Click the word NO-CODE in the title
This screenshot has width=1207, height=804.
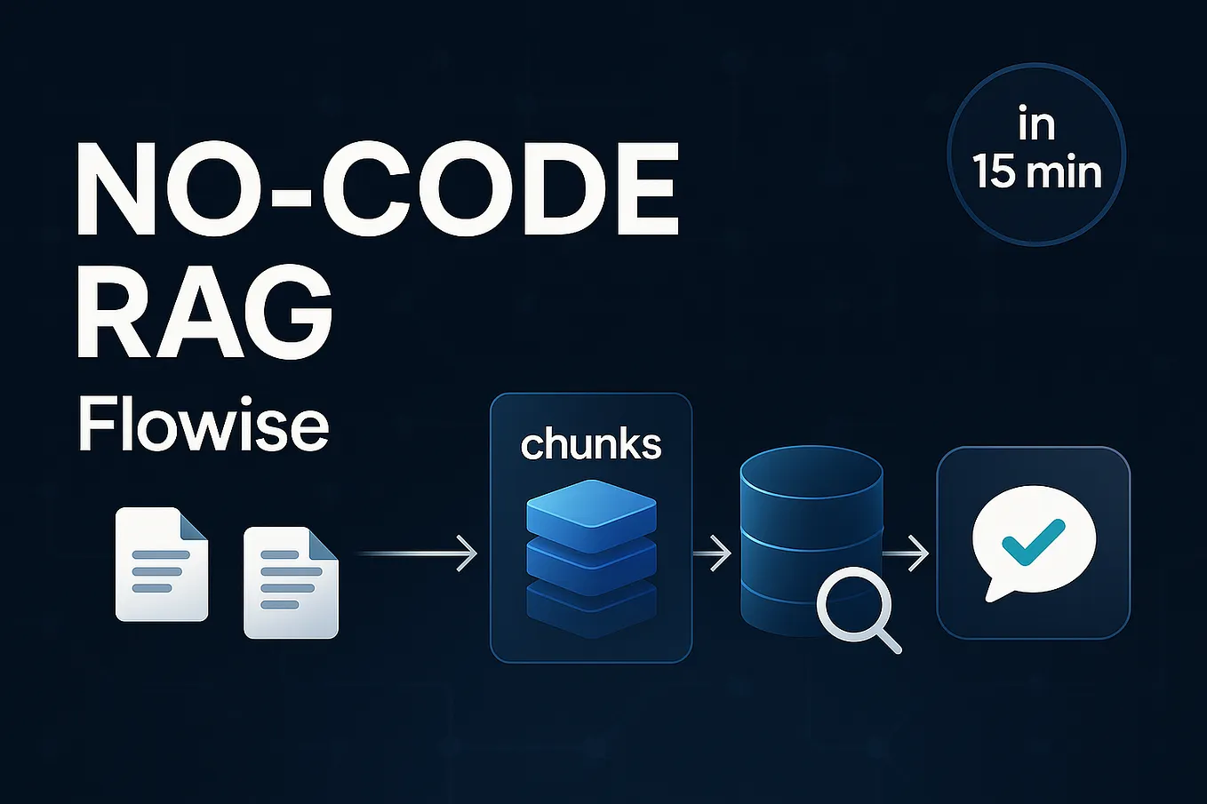(x=377, y=188)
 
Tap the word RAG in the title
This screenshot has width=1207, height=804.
(x=204, y=311)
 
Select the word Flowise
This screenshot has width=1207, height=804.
(x=204, y=425)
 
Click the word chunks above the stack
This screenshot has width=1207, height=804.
(x=591, y=444)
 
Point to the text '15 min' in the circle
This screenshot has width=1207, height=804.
(x=1036, y=172)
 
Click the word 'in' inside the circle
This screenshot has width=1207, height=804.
(x=1036, y=124)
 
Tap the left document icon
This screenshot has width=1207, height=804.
(x=162, y=564)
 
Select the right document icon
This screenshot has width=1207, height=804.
(x=291, y=582)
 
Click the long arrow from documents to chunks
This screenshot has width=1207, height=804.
(x=418, y=553)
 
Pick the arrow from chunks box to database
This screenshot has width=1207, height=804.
(x=712, y=553)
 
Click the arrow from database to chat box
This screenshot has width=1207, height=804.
(x=906, y=553)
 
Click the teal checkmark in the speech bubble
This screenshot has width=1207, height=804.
(x=1033, y=542)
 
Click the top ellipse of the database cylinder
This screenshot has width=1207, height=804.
(x=811, y=473)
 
